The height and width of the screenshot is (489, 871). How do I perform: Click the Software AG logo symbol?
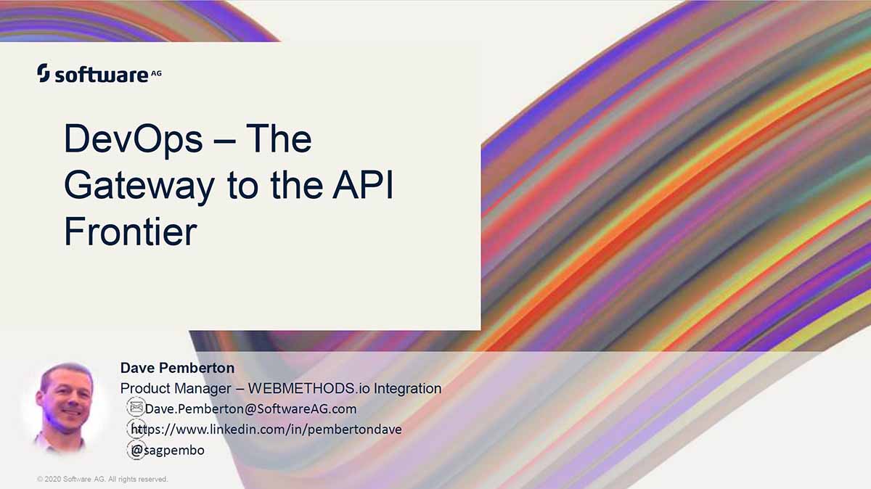coord(43,73)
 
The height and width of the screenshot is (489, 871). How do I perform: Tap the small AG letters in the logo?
coord(156,73)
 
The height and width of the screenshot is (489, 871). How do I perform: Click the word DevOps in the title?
coord(133,139)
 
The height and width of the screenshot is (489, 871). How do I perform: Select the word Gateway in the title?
coord(139,186)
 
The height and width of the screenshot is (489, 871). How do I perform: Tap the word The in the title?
coord(279,138)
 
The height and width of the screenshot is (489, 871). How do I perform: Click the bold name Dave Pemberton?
coord(177,368)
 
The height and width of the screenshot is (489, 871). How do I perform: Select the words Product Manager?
coord(176,388)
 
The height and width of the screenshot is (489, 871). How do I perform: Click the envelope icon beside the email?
coord(136,407)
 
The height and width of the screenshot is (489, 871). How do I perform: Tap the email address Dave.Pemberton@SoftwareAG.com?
coord(251,408)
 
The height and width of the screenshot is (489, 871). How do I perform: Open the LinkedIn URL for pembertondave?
coord(266,430)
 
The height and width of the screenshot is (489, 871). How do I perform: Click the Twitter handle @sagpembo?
coord(168,450)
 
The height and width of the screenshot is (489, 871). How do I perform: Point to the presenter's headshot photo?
coord(64,408)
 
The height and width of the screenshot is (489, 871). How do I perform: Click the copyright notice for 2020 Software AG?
coord(102,479)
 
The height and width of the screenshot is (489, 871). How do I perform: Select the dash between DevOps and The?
coord(224,141)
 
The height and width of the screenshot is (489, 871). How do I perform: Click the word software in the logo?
coord(102,75)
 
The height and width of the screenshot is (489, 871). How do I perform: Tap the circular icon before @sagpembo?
coord(136,450)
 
